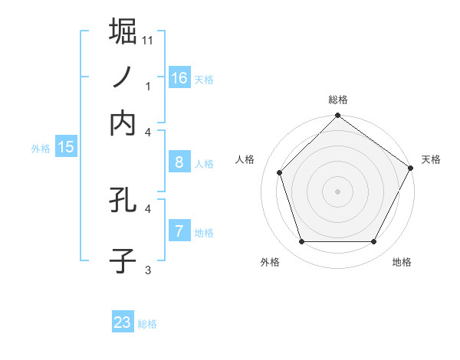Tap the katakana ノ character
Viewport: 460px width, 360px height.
(123, 77)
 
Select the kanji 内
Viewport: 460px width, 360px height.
(123, 123)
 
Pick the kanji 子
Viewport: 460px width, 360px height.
(123, 260)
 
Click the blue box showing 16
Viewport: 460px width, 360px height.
(179, 78)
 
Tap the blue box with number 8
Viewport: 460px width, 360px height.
(179, 162)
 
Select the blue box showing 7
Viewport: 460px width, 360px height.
(179, 231)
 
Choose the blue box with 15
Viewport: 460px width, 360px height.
(66, 147)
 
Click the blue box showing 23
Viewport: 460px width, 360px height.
(123, 322)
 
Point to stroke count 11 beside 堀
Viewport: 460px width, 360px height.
(148, 39)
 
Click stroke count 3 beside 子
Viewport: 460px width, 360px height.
(148, 270)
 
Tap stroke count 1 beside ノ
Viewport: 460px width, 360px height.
(148, 87)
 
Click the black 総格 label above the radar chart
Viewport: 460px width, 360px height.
(338, 100)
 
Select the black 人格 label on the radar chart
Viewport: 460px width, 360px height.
(245, 159)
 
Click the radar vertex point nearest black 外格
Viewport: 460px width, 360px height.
(301, 242)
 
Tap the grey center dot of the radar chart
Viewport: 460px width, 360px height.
(337, 191)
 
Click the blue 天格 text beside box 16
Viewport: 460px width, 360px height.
(204, 80)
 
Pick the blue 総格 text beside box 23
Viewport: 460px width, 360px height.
(147, 324)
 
